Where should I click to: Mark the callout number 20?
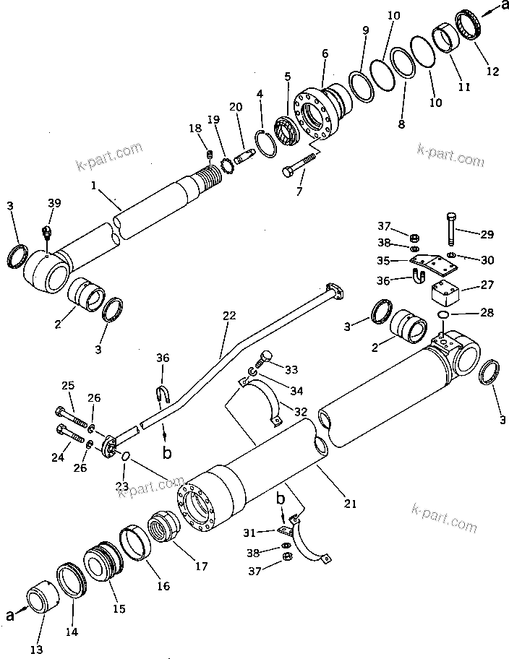coord(236,108)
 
